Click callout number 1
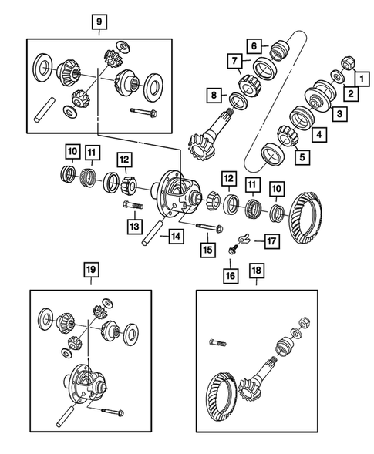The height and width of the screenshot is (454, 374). (359, 77)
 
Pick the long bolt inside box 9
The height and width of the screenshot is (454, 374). (143, 114)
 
